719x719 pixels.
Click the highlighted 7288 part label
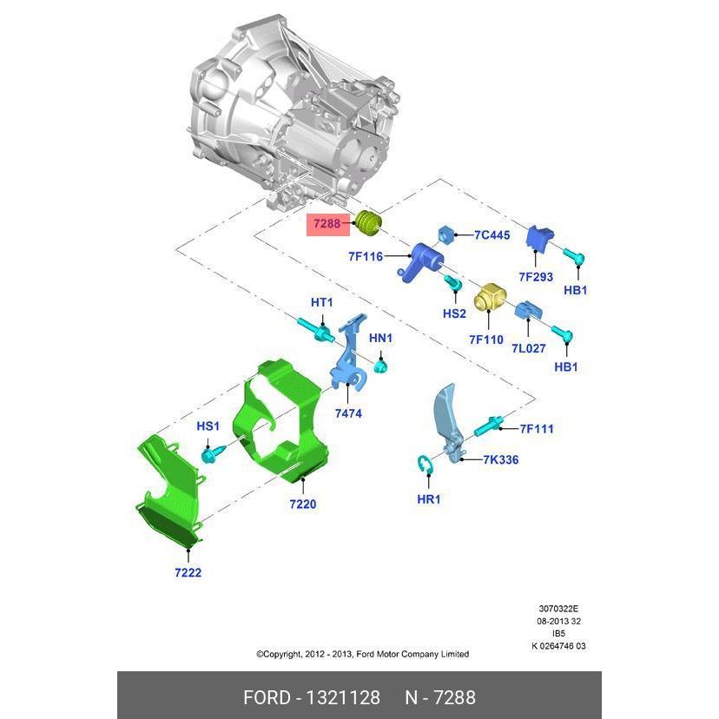point(327,224)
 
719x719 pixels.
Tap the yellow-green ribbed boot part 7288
point(369,223)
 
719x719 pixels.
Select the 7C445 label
point(491,235)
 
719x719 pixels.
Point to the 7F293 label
point(536,277)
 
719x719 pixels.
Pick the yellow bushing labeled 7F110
point(489,297)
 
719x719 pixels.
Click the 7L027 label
point(529,348)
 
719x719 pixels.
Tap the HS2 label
point(454,313)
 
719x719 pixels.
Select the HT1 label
point(321,303)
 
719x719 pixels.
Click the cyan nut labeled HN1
point(380,366)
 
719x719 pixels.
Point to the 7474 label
point(348,413)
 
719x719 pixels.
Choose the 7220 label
point(303,505)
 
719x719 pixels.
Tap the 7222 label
point(188,573)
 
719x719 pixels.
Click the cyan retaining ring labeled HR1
point(425,465)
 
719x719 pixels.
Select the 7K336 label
point(501,460)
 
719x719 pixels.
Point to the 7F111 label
point(537,429)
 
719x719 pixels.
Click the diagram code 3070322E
point(558,609)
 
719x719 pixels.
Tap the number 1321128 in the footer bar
point(342,698)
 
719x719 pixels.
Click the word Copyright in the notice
point(282,655)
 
